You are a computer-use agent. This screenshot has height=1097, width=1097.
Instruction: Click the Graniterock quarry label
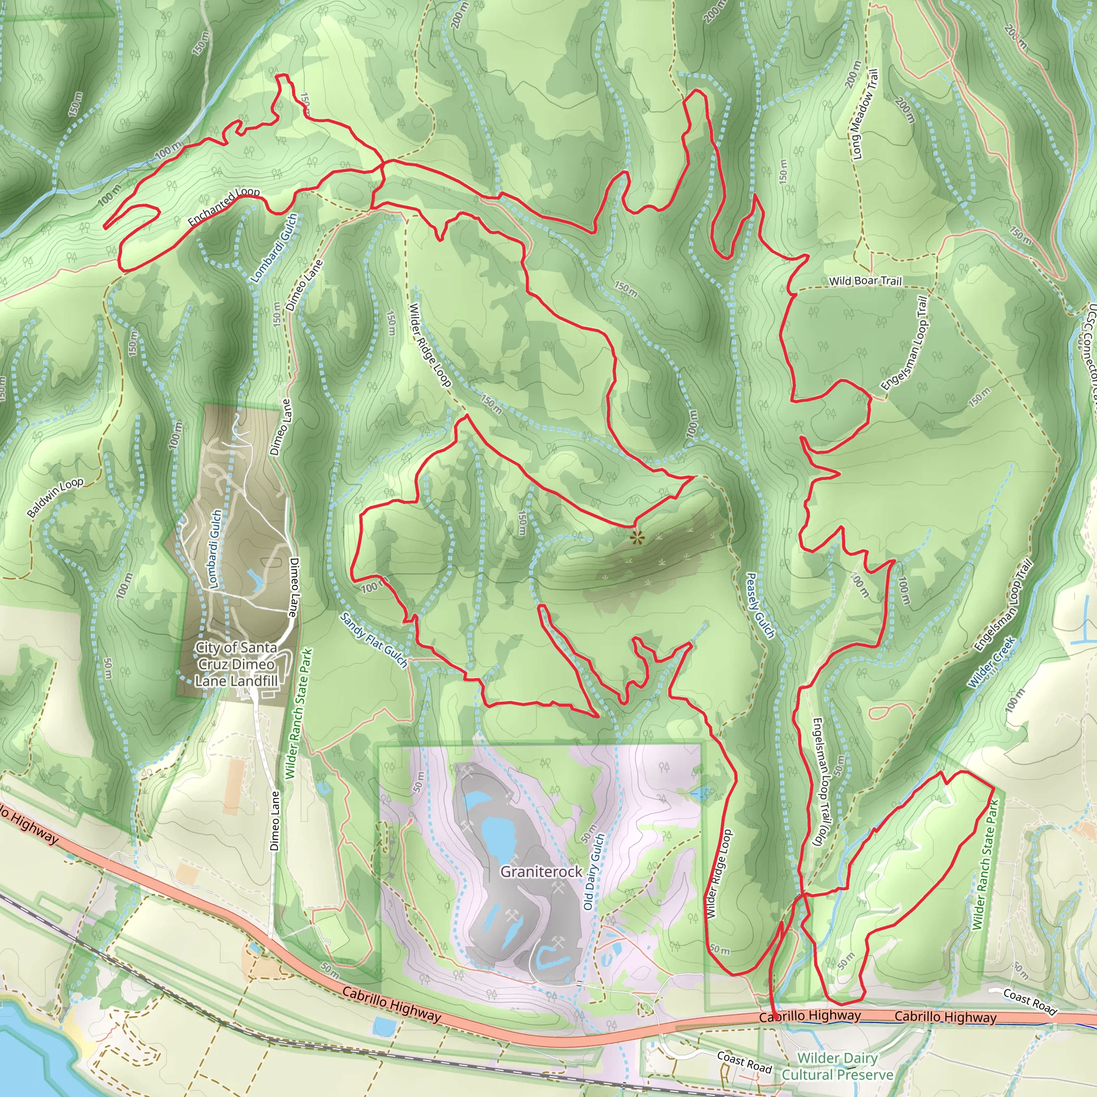pyautogui.click(x=540, y=871)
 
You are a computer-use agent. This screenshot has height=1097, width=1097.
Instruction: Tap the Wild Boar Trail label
pyautogui.click(x=865, y=281)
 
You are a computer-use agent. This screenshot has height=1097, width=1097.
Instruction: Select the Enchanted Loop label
pyautogui.click(x=224, y=207)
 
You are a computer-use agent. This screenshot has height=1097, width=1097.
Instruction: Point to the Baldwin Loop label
pyautogui.click(x=55, y=498)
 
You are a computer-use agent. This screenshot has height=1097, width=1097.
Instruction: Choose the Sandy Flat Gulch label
pyautogui.click(x=374, y=640)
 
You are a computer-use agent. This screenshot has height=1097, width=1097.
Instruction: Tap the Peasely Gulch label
pyautogui.click(x=759, y=605)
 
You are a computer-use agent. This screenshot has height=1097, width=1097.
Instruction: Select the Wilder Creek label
pyautogui.click(x=991, y=662)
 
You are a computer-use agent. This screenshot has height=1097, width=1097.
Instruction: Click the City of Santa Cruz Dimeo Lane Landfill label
pyautogui.click(x=236, y=664)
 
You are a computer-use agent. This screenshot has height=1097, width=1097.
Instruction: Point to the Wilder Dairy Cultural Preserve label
pyautogui.click(x=838, y=1066)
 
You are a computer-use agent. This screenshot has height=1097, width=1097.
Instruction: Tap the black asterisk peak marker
pyautogui.click(x=636, y=537)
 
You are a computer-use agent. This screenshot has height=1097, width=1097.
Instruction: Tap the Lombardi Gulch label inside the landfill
pyautogui.click(x=215, y=548)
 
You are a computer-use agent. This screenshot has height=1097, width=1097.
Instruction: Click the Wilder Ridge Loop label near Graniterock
pyautogui.click(x=719, y=874)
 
